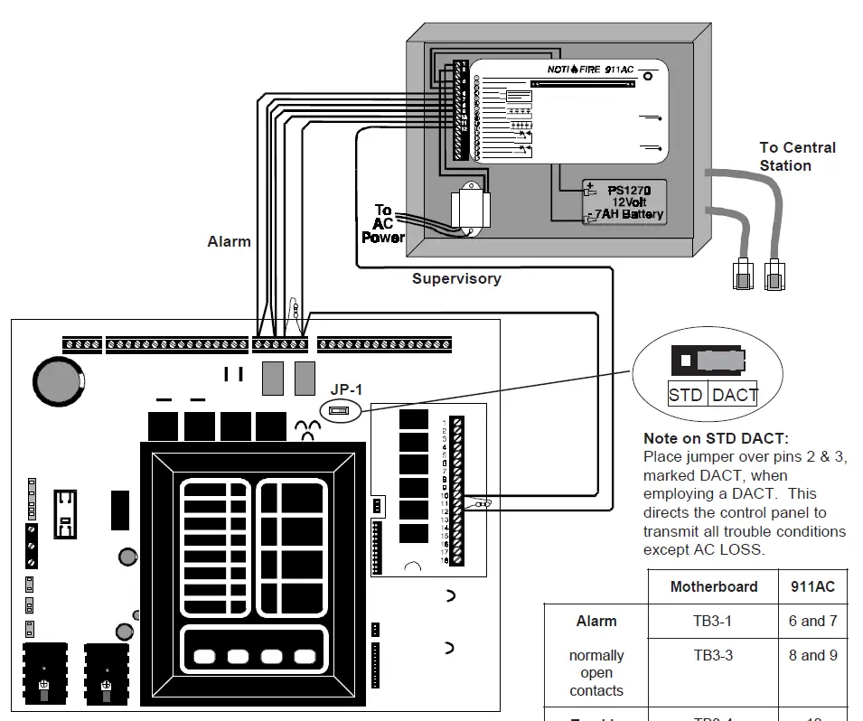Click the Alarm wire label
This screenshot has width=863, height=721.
[229, 241]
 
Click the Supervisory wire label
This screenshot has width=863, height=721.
[456, 279]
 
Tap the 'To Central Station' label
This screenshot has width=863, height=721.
[797, 156]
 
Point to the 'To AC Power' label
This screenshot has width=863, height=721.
[383, 223]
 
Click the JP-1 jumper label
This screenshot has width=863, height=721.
[344, 389]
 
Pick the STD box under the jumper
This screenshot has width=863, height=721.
[686, 395]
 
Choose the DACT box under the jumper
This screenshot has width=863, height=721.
[734, 395]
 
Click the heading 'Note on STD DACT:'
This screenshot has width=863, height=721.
[715, 438]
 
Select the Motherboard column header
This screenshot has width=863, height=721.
[713, 587]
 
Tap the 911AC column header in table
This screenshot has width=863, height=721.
[812, 587]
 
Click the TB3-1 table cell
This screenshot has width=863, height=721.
[713, 622]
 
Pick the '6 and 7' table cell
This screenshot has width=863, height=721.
[812, 622]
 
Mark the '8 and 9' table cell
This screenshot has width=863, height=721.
[812, 656]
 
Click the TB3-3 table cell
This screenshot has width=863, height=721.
[713, 656]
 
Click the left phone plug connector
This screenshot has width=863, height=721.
[742, 275]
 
